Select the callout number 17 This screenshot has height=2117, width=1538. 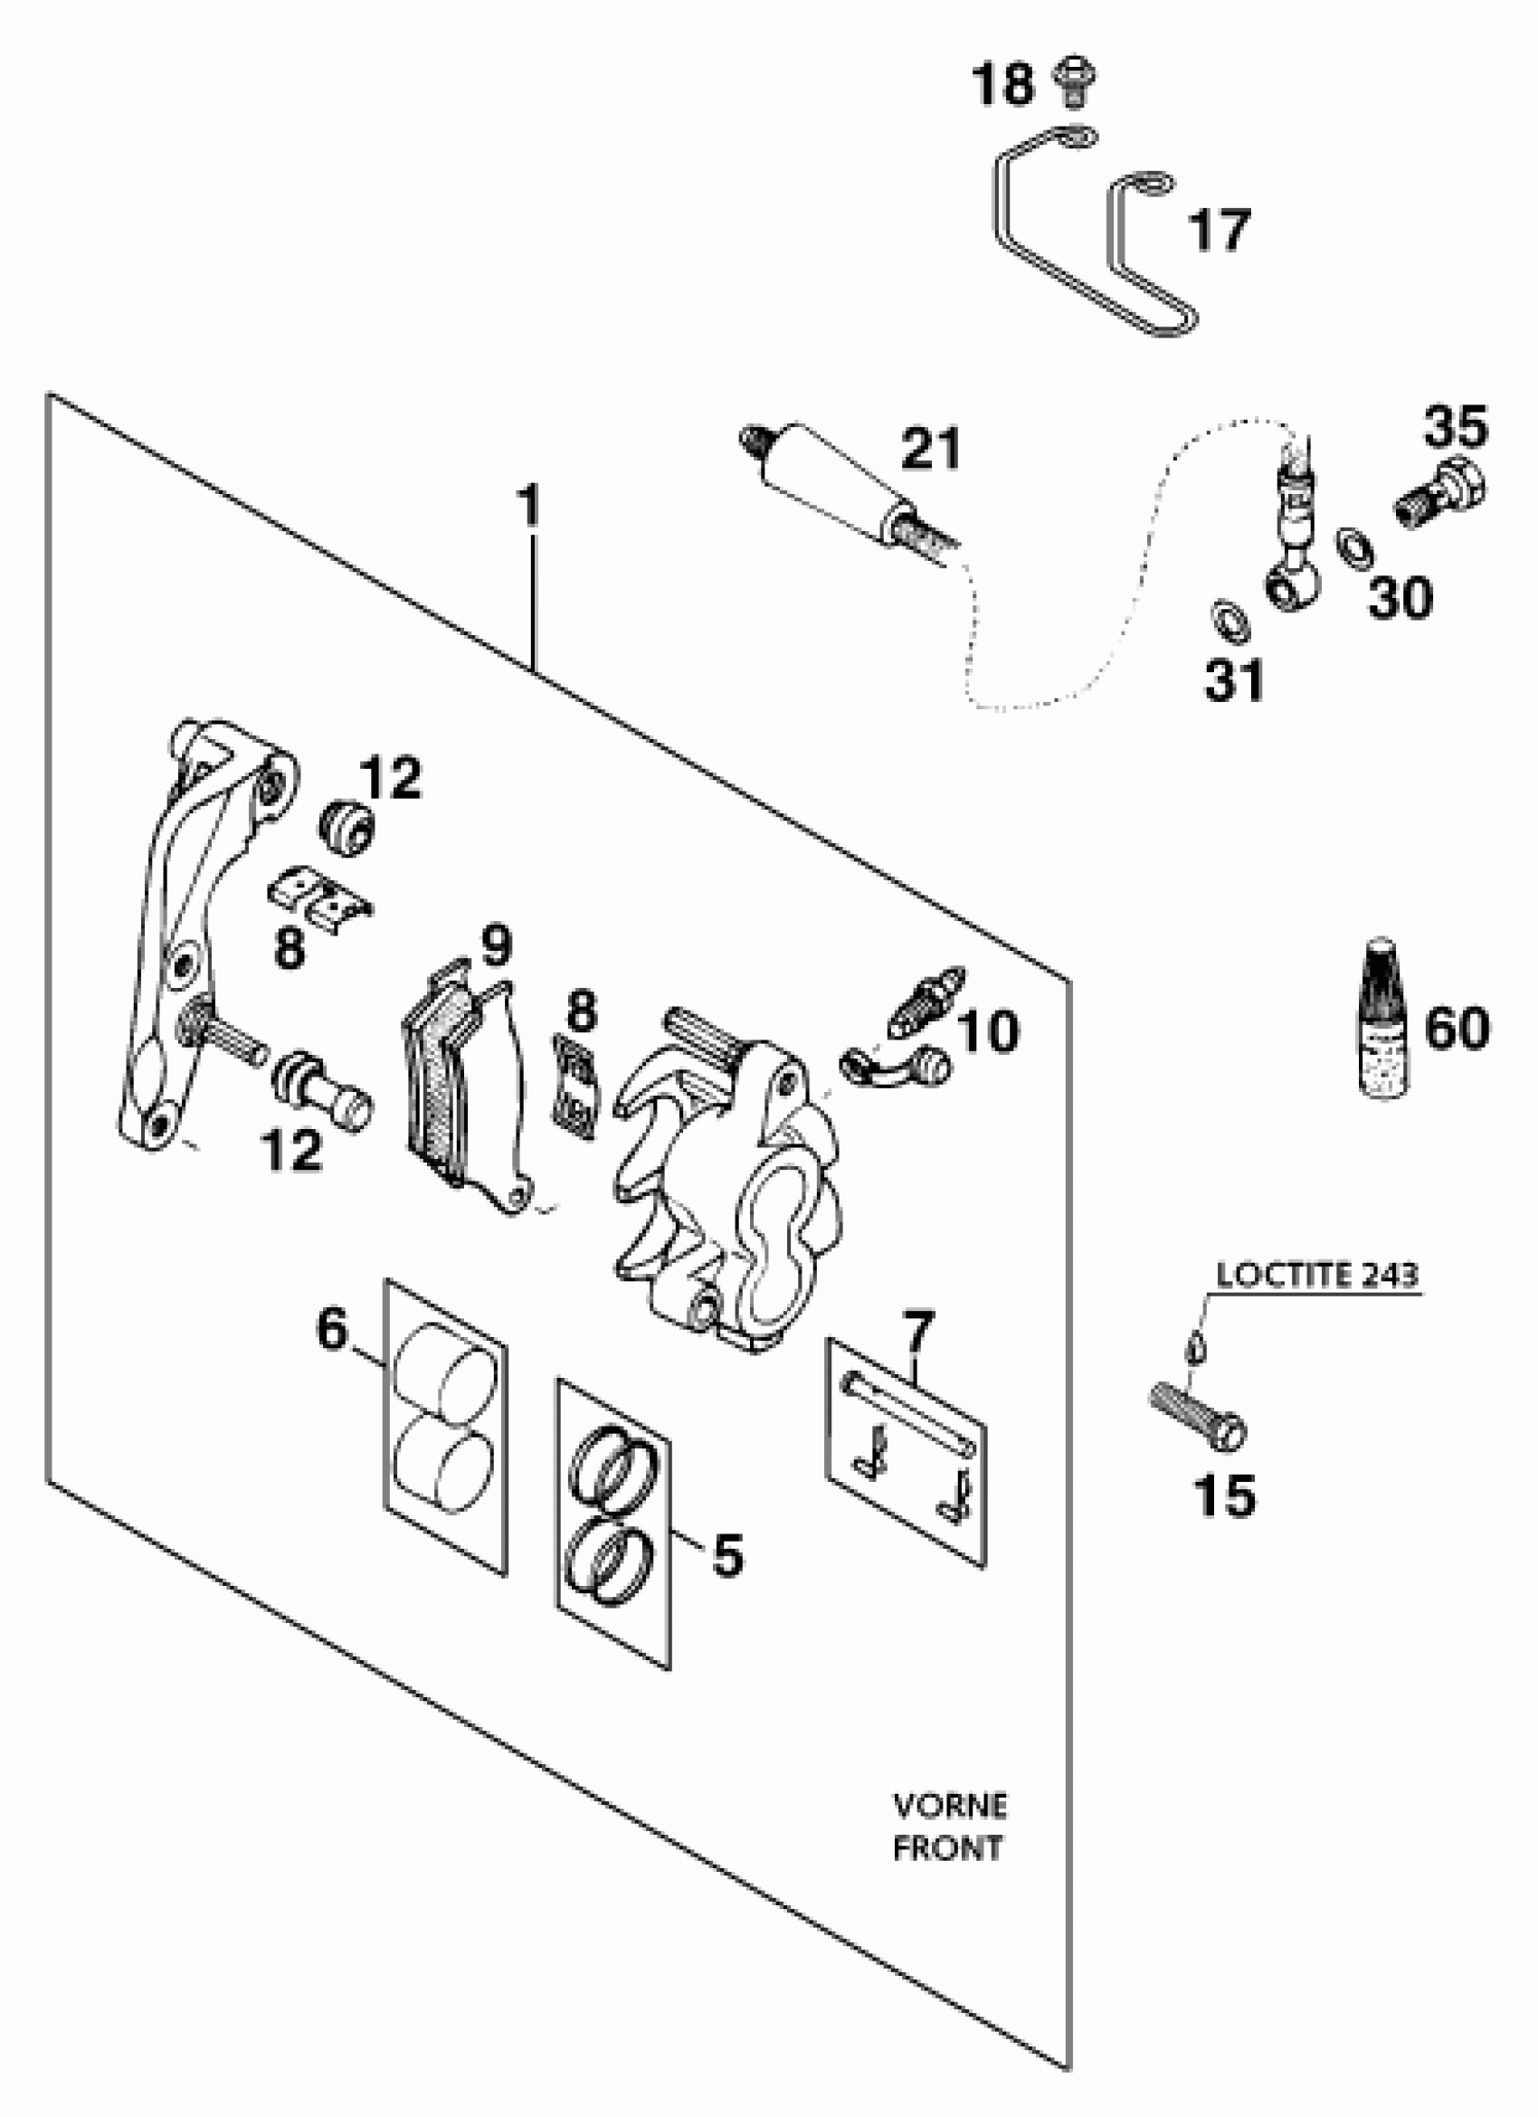(1219, 231)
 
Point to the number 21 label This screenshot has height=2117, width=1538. (929, 449)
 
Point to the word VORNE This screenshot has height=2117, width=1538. (950, 1806)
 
